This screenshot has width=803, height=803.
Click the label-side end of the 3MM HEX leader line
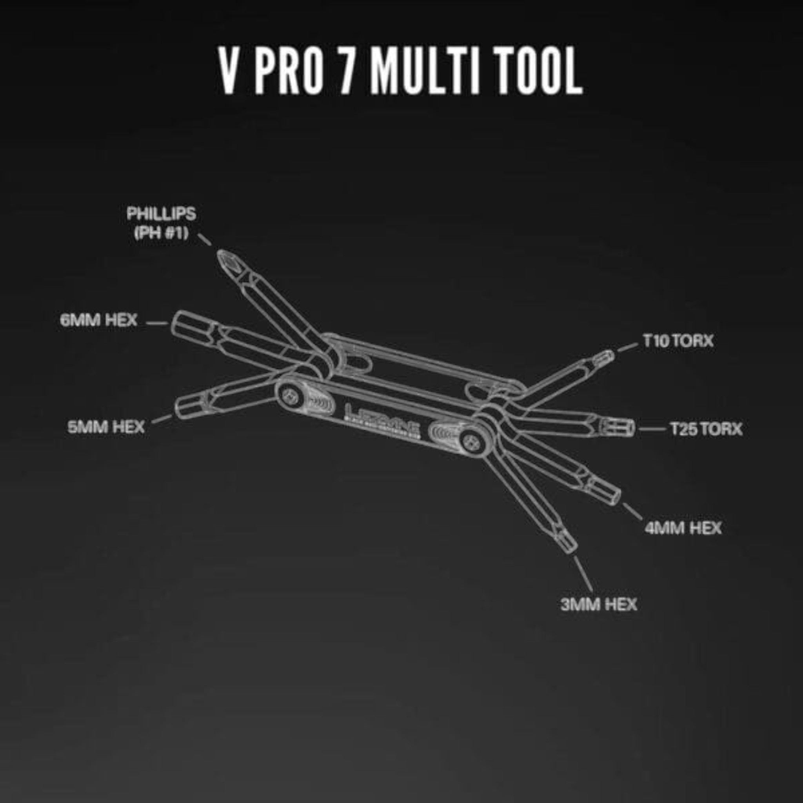click(x=592, y=588)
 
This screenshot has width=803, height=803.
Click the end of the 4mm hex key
click(x=607, y=491)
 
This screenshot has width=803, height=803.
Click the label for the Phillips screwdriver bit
click(x=161, y=223)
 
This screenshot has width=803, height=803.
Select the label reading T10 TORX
click(x=678, y=341)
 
